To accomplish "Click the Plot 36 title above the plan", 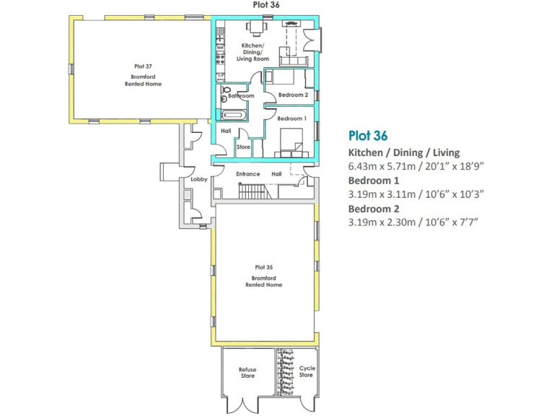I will pos(266,5).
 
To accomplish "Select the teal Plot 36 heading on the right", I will pos(368,135).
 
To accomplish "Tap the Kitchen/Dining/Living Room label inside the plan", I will pos(255,52).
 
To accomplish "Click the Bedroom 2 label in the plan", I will pos(294,95).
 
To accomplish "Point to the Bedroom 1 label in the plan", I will pos(292,118).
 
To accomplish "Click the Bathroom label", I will pos(241,96).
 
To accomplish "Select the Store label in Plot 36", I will pos(243,147).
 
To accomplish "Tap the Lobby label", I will pos(199,179).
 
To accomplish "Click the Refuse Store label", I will pos(247,373).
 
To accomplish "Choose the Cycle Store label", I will pos(307,372).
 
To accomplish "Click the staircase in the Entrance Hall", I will pos(253,191).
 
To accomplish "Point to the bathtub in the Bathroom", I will pos(234,115).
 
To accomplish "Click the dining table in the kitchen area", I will pos(256,27).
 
